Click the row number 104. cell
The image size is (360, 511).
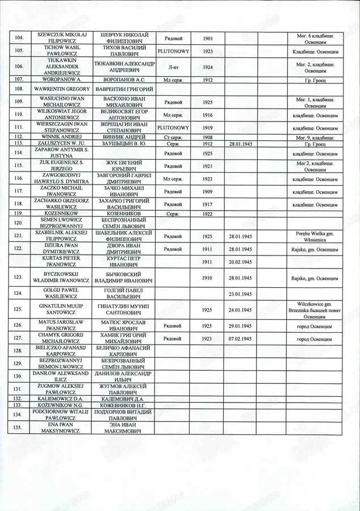click(19, 38)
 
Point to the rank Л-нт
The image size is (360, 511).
click(173, 67)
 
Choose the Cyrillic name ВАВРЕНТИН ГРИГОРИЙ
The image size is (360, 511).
click(124, 89)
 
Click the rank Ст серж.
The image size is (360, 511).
click(173, 137)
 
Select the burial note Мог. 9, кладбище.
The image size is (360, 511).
click(314, 137)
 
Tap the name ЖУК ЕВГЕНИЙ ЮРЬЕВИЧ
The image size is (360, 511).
click(124, 166)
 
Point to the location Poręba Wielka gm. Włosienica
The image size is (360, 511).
click(314, 236)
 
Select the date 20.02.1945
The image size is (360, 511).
click(240, 262)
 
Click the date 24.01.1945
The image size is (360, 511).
click(240, 310)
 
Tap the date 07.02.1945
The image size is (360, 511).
click(240, 338)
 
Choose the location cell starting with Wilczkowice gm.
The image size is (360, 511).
click(314, 310)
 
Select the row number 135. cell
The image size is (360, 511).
click(19, 428)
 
